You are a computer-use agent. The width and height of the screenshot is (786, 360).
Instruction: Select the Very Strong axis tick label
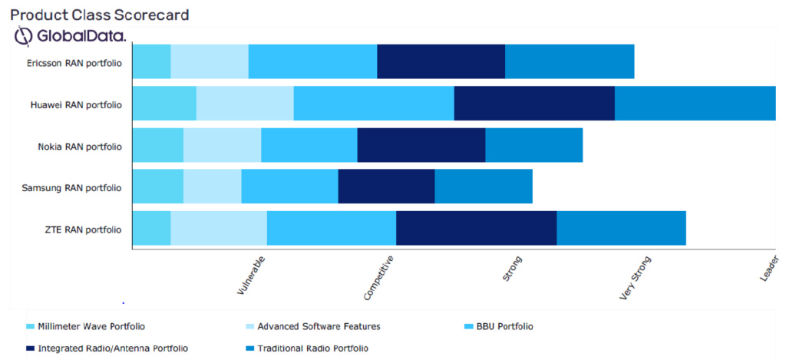pyautogui.click(x=635, y=279)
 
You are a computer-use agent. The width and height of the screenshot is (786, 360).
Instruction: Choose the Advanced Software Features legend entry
pyautogui.click(x=319, y=326)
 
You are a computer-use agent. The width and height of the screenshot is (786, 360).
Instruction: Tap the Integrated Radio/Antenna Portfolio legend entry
pyautogui.click(x=113, y=348)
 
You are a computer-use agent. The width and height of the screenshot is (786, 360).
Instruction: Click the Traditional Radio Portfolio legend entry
pyautogui.click(x=312, y=348)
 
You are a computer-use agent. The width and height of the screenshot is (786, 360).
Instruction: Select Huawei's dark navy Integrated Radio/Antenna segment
pyautogui.click(x=534, y=104)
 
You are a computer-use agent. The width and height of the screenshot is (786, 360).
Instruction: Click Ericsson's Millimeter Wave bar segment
pyautogui.click(x=151, y=61)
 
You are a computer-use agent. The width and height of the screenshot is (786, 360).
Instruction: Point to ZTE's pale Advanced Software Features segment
pyautogui.click(x=218, y=229)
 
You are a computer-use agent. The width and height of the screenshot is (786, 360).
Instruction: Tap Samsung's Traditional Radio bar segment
pyautogui.click(x=484, y=187)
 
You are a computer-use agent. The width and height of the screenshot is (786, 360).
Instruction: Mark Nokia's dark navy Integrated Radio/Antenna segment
pyautogui.click(x=421, y=146)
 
